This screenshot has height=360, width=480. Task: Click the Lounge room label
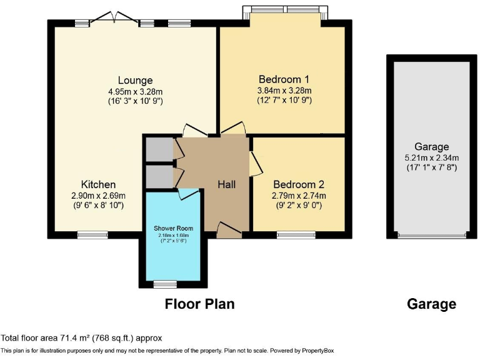(x=135, y=80)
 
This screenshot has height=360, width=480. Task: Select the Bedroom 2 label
(x=299, y=184)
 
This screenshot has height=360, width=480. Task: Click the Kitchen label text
(x=98, y=184)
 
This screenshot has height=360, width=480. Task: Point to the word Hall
(x=226, y=184)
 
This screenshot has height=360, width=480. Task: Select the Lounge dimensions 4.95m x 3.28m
(x=135, y=91)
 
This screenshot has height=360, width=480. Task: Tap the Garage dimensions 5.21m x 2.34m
(x=432, y=157)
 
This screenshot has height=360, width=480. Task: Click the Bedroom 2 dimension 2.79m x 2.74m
(x=299, y=195)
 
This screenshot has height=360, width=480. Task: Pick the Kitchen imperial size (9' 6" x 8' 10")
(x=98, y=205)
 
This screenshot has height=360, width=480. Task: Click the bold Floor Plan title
(x=199, y=304)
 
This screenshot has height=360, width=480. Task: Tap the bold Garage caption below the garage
(x=431, y=304)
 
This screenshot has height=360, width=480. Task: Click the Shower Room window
(x=165, y=284)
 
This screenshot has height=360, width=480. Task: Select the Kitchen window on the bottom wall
(x=92, y=235)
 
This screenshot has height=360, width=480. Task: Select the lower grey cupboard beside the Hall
(x=159, y=176)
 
